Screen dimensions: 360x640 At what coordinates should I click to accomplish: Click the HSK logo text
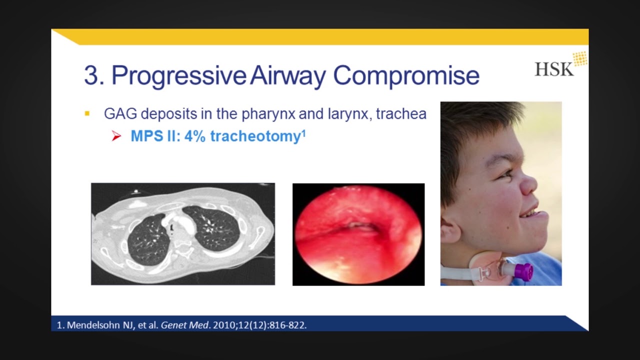(553, 69)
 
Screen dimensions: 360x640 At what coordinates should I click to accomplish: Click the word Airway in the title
(288, 75)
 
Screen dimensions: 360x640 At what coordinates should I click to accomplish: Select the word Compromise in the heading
(406, 75)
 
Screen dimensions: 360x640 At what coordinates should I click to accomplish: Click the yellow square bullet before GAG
(87, 114)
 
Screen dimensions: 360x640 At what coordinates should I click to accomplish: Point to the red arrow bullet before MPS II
(116, 136)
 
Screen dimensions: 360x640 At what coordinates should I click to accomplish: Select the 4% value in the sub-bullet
(195, 136)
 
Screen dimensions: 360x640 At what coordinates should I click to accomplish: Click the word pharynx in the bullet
(268, 114)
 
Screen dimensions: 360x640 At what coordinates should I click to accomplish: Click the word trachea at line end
(401, 114)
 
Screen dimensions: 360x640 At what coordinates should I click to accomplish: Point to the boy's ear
(451, 232)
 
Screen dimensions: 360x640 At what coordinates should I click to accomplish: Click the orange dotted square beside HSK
(580, 58)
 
